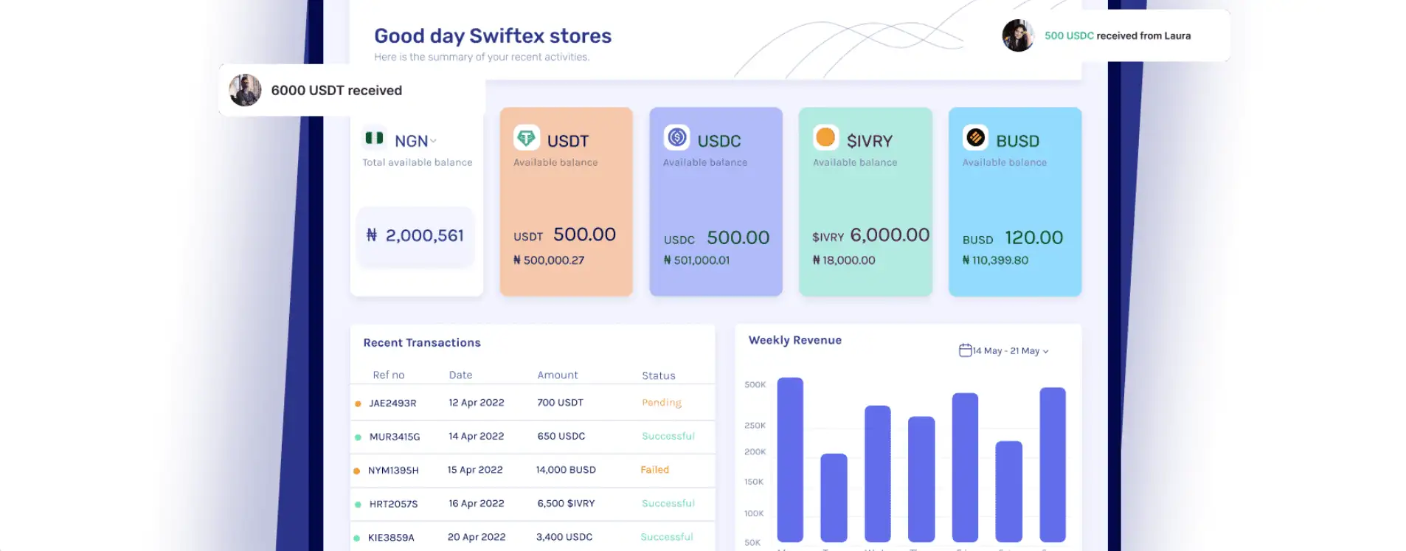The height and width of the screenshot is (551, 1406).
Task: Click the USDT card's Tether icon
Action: tap(526, 138)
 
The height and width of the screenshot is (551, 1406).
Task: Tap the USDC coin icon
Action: tap(676, 138)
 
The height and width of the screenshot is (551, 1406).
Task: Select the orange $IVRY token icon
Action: tap(825, 138)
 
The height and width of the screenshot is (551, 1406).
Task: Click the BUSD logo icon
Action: tap(975, 138)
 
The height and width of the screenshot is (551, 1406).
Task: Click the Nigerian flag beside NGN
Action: tap(374, 138)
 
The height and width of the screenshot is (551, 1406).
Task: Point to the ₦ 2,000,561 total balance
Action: tap(415, 236)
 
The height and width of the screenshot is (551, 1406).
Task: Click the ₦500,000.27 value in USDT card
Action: tap(549, 260)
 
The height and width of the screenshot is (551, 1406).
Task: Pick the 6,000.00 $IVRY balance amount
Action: tap(889, 235)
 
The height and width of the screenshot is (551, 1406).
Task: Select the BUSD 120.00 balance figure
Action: tap(1033, 238)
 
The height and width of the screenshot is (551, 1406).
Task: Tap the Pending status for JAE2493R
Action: tap(661, 403)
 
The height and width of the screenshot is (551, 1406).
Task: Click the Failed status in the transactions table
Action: tap(654, 470)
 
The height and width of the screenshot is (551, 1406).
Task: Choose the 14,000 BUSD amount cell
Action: tap(566, 470)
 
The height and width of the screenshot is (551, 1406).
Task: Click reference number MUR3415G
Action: tap(394, 437)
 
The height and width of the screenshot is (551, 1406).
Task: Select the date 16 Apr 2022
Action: tap(476, 504)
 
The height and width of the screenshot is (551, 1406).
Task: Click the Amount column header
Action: tap(557, 375)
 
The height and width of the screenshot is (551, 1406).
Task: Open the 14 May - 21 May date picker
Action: tap(1004, 351)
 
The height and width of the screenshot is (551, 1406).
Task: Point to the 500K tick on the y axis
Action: tap(755, 385)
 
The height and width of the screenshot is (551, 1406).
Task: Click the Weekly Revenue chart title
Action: tap(794, 340)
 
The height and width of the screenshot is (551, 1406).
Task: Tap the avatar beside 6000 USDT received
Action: tap(245, 90)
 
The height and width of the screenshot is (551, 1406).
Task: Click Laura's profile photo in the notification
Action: tap(1017, 35)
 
